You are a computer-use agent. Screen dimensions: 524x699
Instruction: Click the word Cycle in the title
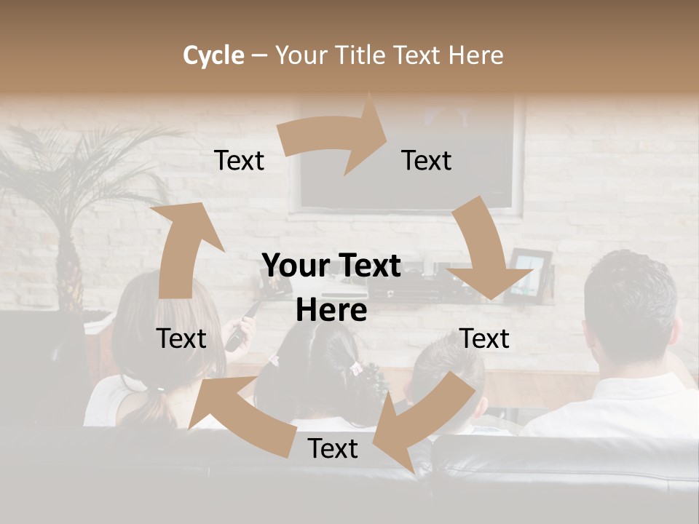(213, 55)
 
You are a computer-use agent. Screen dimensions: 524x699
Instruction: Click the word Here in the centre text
(331, 311)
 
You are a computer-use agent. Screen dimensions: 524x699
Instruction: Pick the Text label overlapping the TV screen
(426, 161)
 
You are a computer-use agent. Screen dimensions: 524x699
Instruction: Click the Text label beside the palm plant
(239, 161)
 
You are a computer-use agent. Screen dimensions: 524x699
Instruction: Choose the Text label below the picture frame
(484, 338)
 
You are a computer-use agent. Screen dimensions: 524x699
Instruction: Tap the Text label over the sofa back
(333, 449)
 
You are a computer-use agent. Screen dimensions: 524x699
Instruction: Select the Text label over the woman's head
(181, 338)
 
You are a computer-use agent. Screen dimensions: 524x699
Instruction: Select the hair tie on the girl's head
(357, 368)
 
